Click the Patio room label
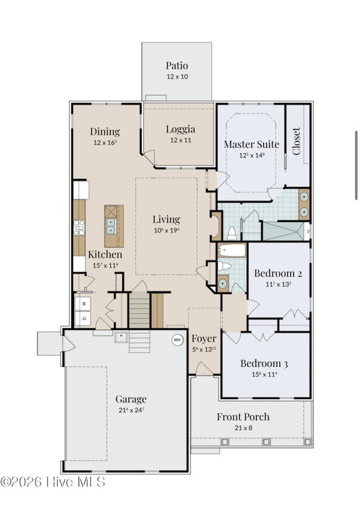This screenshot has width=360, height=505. click(x=177, y=66)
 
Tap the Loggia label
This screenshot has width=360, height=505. click(x=181, y=129)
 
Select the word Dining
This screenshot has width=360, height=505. click(x=105, y=132)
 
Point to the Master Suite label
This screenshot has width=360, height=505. click(x=252, y=144)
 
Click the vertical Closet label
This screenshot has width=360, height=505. click(x=296, y=141)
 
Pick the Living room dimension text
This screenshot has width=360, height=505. click(x=166, y=230)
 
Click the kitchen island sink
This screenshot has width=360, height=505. click(x=111, y=226)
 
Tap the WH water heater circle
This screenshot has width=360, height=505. click(x=177, y=340)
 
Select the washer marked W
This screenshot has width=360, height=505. click(x=83, y=303)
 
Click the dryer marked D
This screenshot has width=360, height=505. click(x=83, y=318)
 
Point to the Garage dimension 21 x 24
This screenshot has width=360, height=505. click(x=131, y=410)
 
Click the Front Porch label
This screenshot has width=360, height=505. click(x=243, y=417)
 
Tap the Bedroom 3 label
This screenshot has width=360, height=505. click(x=264, y=363)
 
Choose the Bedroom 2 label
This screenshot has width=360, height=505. click(x=278, y=273)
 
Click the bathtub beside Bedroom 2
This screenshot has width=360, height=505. click(x=232, y=250)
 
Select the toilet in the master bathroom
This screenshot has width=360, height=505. click(x=232, y=233)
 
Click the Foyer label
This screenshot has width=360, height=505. click(x=204, y=339)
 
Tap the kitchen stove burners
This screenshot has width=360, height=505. click(x=79, y=228)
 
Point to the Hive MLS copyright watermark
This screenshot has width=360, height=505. click(x=53, y=482)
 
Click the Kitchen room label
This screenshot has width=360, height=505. click(x=105, y=254)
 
